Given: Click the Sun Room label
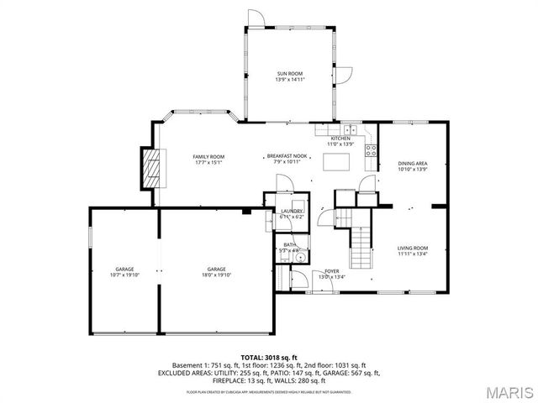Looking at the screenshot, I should (x=289, y=75).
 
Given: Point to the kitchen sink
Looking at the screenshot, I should (x=351, y=130).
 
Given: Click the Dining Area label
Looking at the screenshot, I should (x=413, y=164).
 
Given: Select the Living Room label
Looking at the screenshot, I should (x=413, y=248).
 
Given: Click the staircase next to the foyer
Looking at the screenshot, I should (x=360, y=243).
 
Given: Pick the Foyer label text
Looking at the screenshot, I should (x=332, y=271).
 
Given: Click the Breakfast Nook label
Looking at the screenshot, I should (x=287, y=156).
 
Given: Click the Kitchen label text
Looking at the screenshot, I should (x=340, y=139).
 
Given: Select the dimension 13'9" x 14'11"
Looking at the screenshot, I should (x=289, y=81).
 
